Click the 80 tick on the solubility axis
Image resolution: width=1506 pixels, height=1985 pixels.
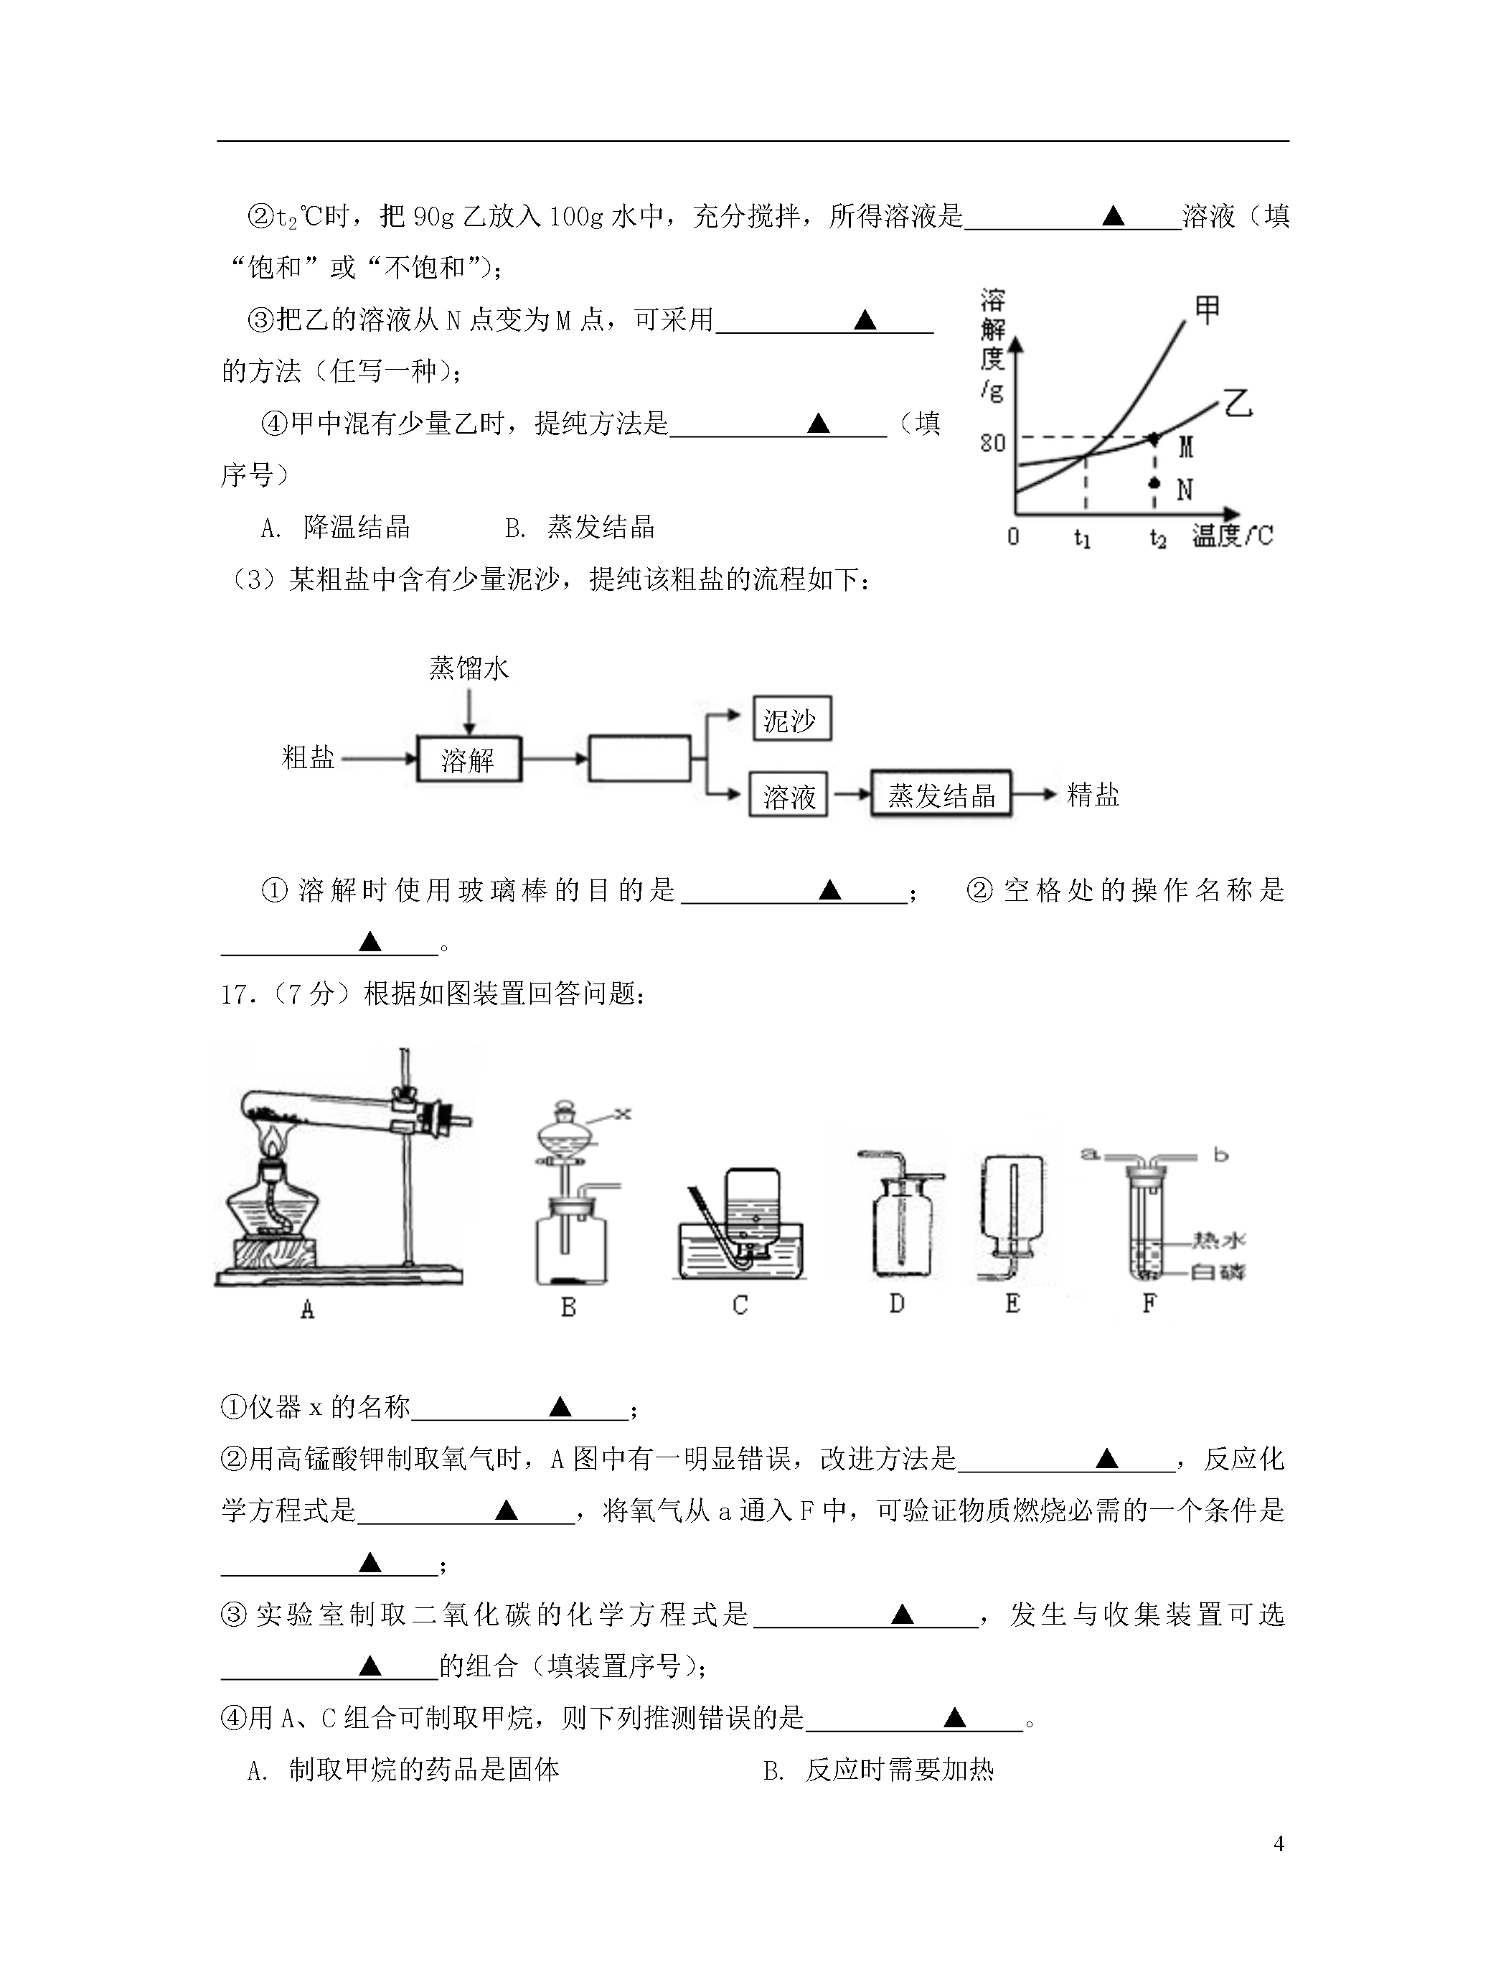tap(992, 442)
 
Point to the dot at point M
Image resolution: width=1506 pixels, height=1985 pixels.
tap(1154, 439)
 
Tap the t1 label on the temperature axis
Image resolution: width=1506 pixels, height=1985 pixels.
tap(1083, 538)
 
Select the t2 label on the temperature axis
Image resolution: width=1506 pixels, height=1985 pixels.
tap(1158, 538)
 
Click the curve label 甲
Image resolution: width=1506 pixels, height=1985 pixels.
tap(1208, 309)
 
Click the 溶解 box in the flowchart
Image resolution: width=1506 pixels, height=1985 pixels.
tap(469, 760)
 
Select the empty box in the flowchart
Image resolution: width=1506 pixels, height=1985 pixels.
tap(639, 758)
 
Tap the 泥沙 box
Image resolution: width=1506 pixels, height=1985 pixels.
tap(791, 719)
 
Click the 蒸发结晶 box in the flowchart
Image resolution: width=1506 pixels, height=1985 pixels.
tap(941, 794)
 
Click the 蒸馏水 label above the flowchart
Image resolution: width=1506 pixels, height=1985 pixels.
tap(469, 668)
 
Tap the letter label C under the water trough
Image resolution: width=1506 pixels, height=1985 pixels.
tap(740, 1306)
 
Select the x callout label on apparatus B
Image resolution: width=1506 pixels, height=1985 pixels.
tap(623, 1113)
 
